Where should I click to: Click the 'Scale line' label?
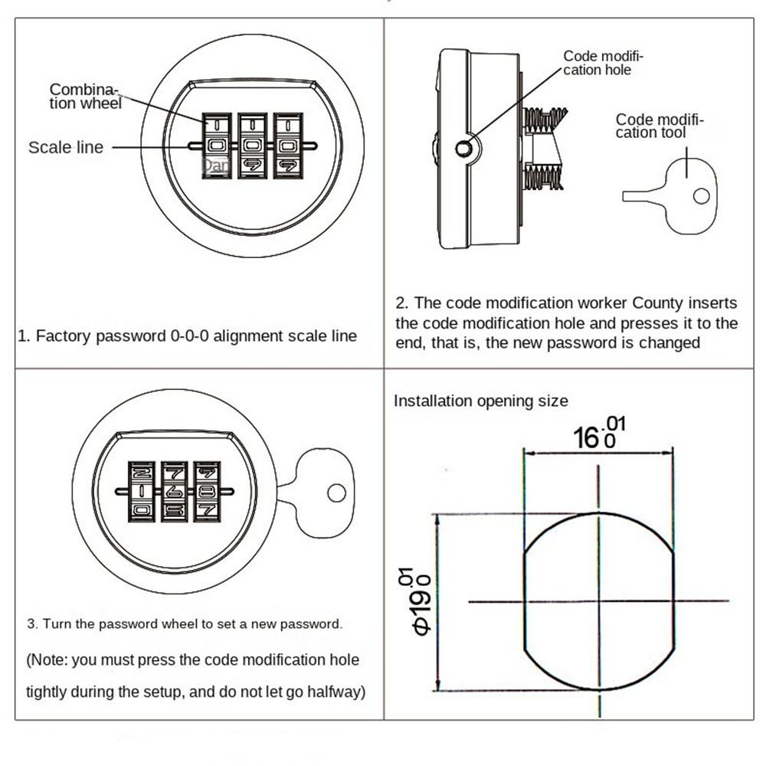(x=66, y=147)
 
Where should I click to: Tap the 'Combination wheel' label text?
(x=85, y=97)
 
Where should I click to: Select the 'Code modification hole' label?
(x=603, y=63)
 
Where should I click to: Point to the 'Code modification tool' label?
(x=660, y=126)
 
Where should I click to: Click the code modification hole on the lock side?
(x=463, y=149)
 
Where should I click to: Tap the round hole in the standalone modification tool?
(x=702, y=196)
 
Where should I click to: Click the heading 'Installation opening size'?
(x=481, y=401)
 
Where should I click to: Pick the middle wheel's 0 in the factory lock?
(x=252, y=146)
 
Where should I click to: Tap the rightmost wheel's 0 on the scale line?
(x=288, y=146)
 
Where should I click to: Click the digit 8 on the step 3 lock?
(x=207, y=492)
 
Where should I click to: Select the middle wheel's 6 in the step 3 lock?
(x=174, y=492)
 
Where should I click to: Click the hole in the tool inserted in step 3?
(x=336, y=493)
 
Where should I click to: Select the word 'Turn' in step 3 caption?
(x=54, y=624)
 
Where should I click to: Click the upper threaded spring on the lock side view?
(x=544, y=118)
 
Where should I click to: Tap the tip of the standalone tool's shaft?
(x=624, y=196)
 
